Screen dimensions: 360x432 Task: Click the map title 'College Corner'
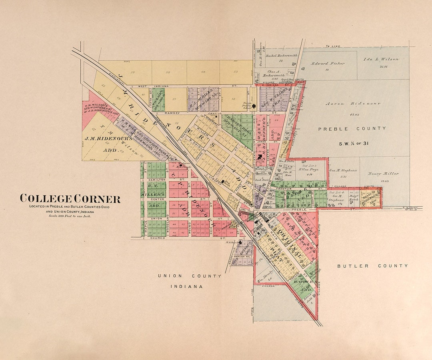click(70, 198)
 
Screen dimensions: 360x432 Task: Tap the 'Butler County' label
click(372, 266)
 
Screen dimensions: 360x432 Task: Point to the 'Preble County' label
click(352, 128)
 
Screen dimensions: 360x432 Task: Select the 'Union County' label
click(189, 276)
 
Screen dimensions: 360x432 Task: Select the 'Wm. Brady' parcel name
click(264, 276)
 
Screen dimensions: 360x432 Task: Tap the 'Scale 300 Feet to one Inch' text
click(70, 216)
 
